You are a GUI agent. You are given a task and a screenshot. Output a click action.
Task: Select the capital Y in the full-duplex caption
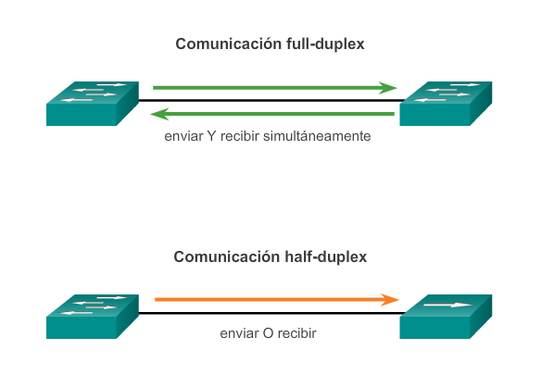[211, 136]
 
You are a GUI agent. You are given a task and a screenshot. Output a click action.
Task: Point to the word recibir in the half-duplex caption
[297, 333]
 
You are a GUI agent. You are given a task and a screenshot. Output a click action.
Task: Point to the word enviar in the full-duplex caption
[183, 136]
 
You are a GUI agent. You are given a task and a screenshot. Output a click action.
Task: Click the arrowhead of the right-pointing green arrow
[388, 88]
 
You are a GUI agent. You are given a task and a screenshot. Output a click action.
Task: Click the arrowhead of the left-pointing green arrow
[159, 114]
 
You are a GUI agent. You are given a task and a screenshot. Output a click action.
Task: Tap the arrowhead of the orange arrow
[390, 300]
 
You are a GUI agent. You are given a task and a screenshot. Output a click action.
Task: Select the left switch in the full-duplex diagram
[93, 104]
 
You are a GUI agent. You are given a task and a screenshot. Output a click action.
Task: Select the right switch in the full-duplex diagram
[446, 104]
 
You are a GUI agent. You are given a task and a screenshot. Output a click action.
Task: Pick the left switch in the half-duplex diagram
[93, 317]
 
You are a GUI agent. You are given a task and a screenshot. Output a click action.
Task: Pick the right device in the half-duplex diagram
[446, 317]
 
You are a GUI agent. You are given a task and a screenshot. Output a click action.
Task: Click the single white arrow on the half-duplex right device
[448, 305]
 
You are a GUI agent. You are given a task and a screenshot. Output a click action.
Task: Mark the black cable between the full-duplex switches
[271, 101]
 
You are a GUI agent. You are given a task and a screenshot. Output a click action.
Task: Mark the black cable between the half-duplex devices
[271, 313]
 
